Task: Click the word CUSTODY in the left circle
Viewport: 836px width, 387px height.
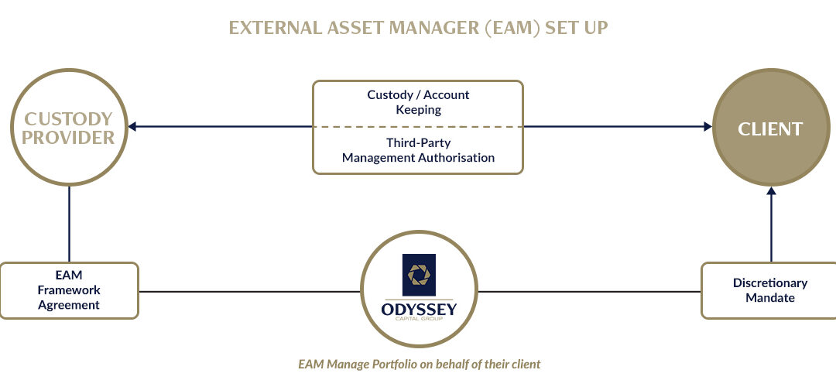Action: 70,119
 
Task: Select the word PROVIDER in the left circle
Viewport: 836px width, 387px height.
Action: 68,138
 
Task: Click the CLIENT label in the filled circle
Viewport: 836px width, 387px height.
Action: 770,129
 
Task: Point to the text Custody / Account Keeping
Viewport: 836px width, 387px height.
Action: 418,102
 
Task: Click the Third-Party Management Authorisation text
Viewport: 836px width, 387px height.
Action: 418,150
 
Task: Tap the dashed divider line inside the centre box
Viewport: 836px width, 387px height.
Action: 418,127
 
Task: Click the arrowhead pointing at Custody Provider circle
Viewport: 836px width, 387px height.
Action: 132,127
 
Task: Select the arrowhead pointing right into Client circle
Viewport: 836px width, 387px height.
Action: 708,127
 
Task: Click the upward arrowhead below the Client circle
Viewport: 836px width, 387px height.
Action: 771,191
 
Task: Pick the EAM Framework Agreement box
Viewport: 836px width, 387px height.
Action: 70,290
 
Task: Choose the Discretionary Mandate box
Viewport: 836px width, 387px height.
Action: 769,290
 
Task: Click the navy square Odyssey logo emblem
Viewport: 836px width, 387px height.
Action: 419,275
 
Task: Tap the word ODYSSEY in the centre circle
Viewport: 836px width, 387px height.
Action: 419,309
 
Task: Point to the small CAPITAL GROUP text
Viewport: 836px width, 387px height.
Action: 419,320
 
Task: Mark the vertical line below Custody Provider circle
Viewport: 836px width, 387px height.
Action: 70,224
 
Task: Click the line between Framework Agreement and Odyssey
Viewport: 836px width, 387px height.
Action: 249,292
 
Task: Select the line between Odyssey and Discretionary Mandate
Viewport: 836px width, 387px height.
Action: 589,292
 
